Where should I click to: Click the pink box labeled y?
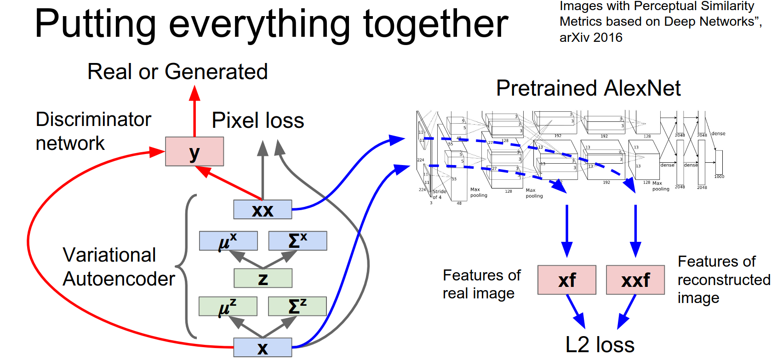[194, 151]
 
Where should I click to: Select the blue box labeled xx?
[263, 210]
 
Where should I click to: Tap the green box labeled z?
[263, 278]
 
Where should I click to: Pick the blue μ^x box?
[228, 241]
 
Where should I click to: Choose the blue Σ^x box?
[297, 241]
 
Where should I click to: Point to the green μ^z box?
[228, 306]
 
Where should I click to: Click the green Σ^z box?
[297, 306]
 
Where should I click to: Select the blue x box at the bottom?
[263, 348]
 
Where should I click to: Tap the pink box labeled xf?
[567, 280]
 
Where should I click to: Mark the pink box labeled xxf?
[635, 280]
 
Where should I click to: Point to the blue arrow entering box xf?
[567, 230]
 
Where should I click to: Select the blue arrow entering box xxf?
[635, 230]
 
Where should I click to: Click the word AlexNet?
[642, 88]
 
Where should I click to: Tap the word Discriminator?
[93, 120]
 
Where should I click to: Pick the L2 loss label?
[600, 345]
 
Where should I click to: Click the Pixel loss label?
[258, 120]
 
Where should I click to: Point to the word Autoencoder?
[119, 279]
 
